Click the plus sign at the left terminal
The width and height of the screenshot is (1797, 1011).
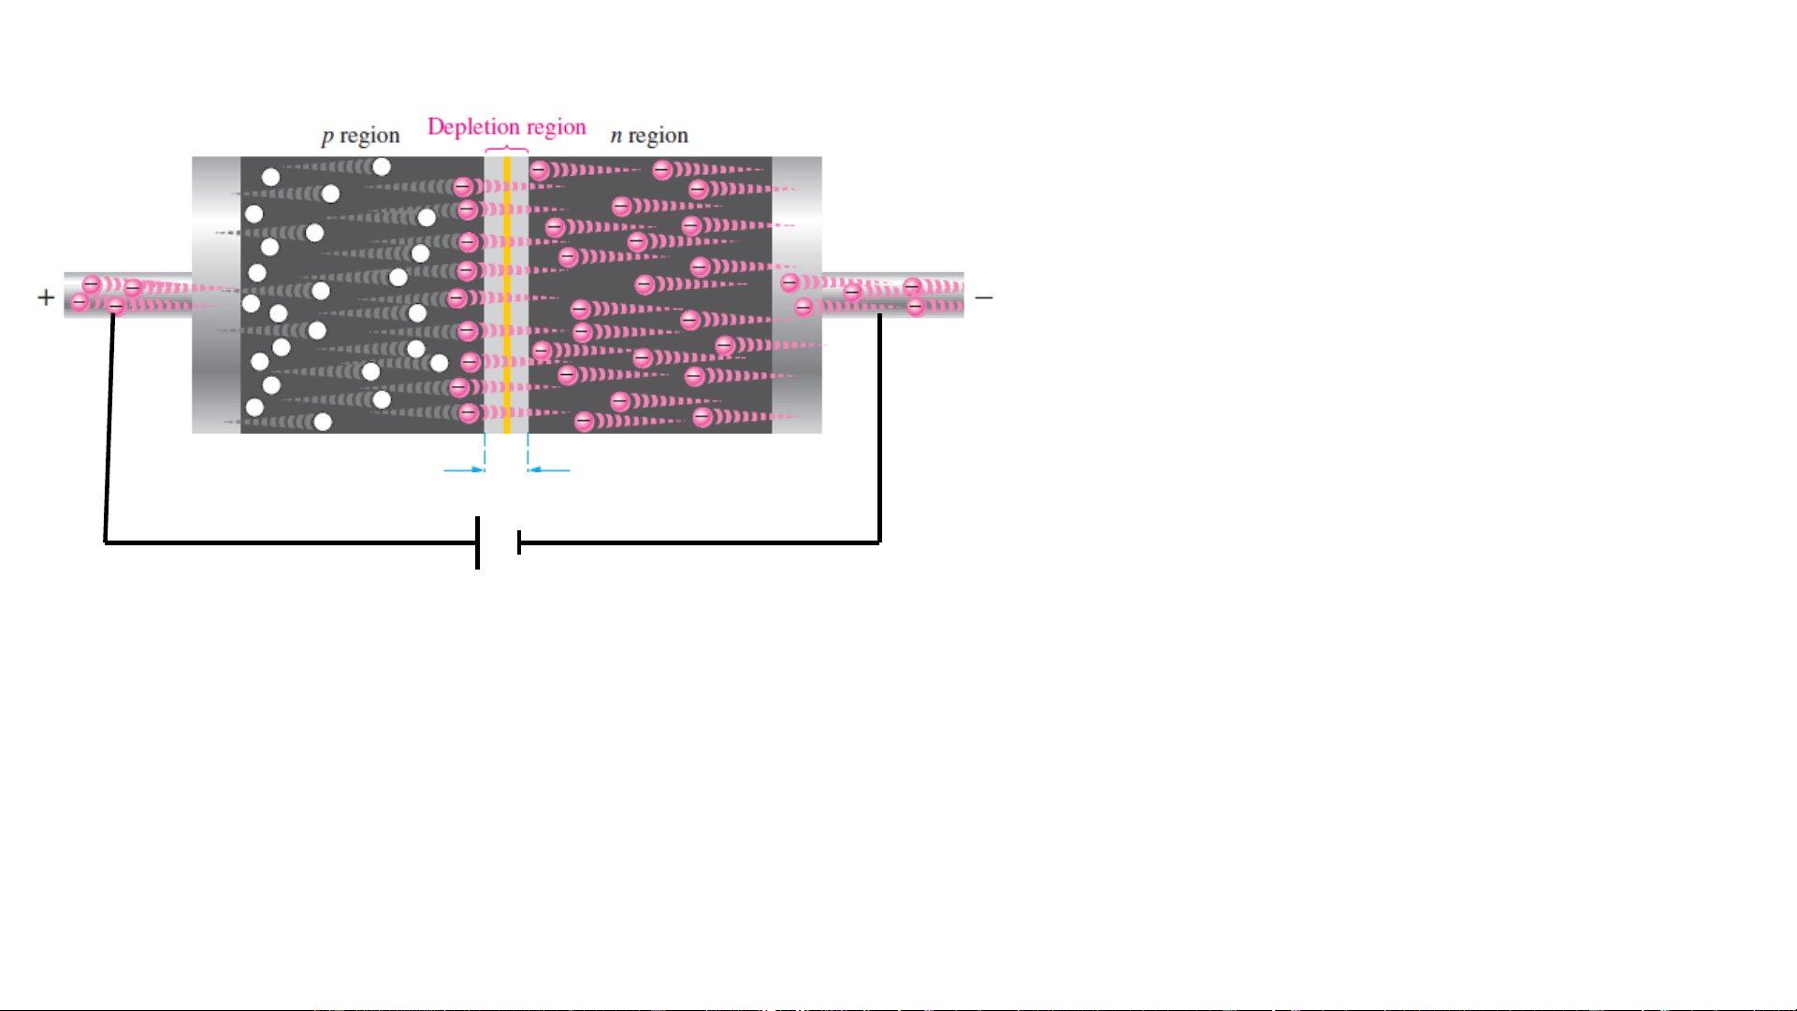click(x=46, y=297)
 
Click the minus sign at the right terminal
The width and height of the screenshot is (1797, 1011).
click(x=983, y=298)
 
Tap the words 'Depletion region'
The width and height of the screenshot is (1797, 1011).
click(x=506, y=126)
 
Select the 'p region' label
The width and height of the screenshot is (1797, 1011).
click(x=360, y=136)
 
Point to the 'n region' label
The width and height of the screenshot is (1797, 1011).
click(x=649, y=136)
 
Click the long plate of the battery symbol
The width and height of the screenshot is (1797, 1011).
click(x=477, y=542)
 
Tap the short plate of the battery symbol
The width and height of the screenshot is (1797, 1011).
click(x=519, y=542)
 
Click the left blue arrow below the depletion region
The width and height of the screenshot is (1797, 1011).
click(x=464, y=469)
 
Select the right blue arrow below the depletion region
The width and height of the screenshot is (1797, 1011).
click(x=549, y=469)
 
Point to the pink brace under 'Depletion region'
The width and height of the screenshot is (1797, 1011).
click(x=506, y=149)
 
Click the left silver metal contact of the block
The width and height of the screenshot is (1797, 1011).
click(x=216, y=295)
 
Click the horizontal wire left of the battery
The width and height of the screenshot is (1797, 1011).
click(x=290, y=542)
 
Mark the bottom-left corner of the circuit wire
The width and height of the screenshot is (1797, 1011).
click(x=105, y=542)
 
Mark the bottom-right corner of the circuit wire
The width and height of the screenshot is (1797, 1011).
click(x=879, y=542)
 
